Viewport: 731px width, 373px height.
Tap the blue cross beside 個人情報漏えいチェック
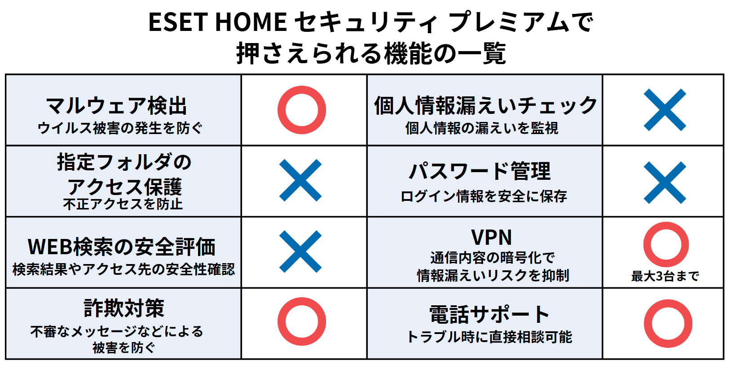(x=665, y=110)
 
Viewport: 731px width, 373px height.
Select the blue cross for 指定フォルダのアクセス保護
(x=300, y=180)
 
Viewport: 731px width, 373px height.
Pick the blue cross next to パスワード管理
(x=665, y=182)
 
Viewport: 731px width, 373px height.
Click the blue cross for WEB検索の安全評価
(x=300, y=252)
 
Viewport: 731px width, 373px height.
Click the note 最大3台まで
(x=665, y=276)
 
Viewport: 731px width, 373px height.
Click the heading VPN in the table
(x=492, y=237)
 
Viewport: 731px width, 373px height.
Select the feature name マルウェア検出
(x=116, y=105)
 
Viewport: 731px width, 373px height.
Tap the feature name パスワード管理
(x=480, y=171)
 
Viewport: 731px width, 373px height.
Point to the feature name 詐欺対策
(x=124, y=308)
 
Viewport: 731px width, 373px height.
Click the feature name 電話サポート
(x=489, y=314)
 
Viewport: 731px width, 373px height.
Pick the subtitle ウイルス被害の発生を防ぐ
(x=120, y=128)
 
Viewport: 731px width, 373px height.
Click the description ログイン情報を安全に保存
(x=484, y=196)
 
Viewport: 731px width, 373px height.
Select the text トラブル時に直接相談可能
(x=489, y=337)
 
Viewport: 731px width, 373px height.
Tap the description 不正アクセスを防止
(x=123, y=204)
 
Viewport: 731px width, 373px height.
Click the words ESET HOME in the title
(x=218, y=22)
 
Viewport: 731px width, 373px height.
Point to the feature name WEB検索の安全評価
(x=121, y=247)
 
